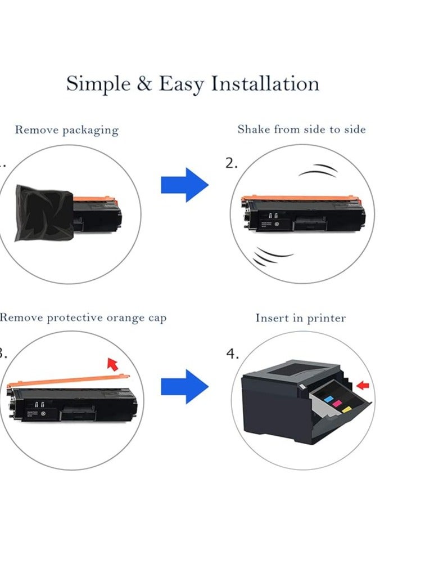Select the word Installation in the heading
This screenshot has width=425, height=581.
coord(265,84)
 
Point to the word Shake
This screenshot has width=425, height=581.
coord(254,129)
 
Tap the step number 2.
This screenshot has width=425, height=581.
coord(232,163)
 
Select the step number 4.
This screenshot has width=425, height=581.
coord(232,354)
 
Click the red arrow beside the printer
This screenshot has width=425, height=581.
coord(363,385)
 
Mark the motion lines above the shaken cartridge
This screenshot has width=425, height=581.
coord(319,170)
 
